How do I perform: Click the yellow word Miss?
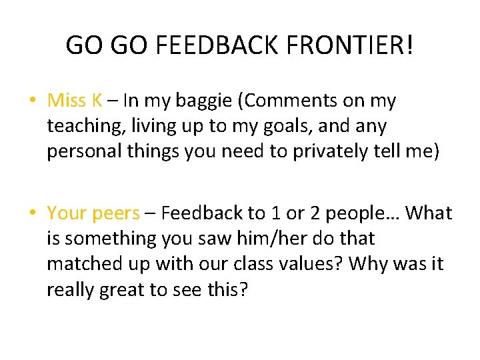click(67, 101)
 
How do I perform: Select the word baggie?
click(205, 101)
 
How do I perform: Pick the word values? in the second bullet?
click(304, 263)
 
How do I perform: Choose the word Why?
click(369, 263)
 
